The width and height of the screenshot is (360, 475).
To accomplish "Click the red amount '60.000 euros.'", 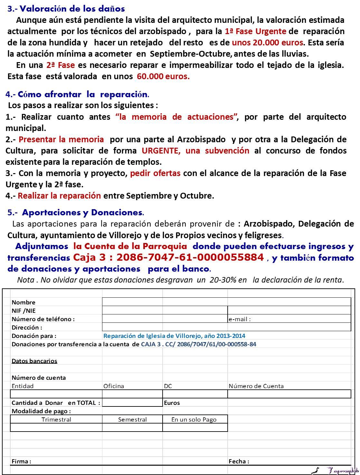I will [163, 76].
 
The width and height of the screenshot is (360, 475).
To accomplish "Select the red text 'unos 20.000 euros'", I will [267, 42].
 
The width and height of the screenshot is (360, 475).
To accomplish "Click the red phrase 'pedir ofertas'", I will [155, 173].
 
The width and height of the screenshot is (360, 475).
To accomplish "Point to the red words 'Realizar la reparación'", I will [59, 196].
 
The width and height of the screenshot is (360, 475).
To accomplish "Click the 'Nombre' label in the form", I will [24, 302].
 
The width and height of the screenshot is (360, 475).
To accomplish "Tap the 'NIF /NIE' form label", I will [24, 311].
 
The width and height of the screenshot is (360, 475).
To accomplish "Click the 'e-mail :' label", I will [240, 319].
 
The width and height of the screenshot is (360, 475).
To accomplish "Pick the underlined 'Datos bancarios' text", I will [34, 361].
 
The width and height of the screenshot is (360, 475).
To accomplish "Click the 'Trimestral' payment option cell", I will [56, 419].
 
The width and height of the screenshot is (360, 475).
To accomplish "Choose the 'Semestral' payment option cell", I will [132, 419].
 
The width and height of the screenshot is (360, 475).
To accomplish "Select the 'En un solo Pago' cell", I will [194, 419].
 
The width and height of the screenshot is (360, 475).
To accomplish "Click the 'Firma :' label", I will [21, 461].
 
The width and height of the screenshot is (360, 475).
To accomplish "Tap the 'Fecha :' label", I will [239, 461].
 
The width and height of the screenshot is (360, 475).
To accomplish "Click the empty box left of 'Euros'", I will [132, 403].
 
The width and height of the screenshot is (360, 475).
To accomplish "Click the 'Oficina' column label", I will [114, 386].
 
